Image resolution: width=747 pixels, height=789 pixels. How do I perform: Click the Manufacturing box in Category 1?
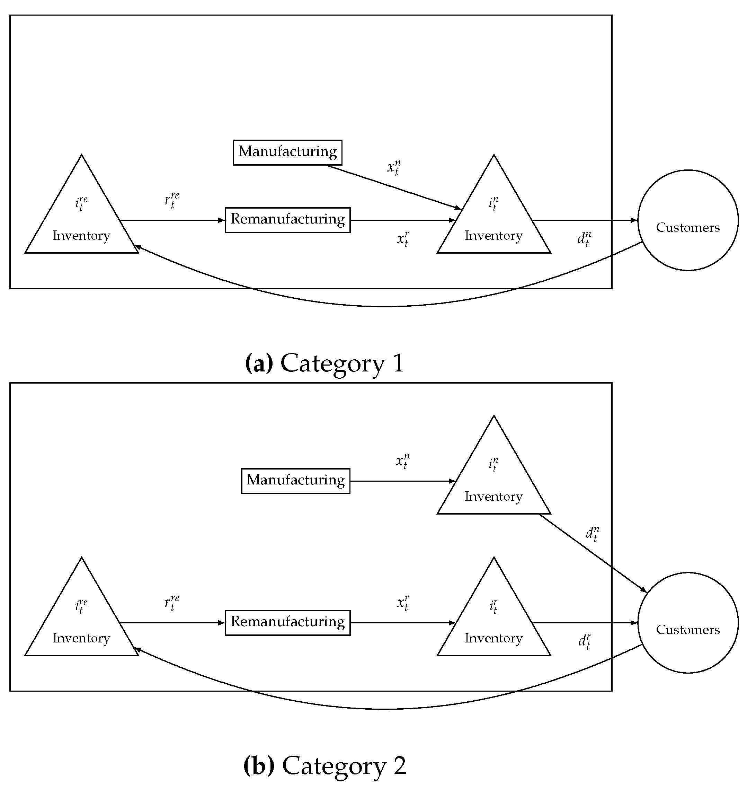pyautogui.click(x=287, y=152)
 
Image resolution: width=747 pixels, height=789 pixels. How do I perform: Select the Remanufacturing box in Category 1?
pyautogui.click(x=287, y=220)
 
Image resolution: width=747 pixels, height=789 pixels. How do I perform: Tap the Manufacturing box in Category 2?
pyautogui.click(x=295, y=481)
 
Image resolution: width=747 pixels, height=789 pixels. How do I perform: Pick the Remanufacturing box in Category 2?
pyautogui.click(x=287, y=622)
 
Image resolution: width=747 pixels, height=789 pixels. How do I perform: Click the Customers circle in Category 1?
pyautogui.click(x=688, y=220)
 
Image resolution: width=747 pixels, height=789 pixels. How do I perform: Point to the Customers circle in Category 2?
pyautogui.click(x=688, y=623)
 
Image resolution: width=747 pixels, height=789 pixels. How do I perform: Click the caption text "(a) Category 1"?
pyautogui.click(x=324, y=363)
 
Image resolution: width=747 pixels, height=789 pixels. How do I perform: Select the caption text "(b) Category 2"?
pyautogui.click(x=324, y=765)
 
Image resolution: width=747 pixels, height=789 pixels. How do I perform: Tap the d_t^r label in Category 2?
pyautogui.click(x=584, y=641)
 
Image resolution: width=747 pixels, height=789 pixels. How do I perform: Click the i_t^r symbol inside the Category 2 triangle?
pyautogui.click(x=493, y=606)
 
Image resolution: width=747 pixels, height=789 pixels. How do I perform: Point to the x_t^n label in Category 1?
pyautogui.click(x=394, y=167)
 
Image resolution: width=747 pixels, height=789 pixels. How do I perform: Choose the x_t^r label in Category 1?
pyautogui.click(x=402, y=239)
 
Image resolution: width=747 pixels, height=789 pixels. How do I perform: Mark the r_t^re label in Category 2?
pyautogui.click(x=172, y=603)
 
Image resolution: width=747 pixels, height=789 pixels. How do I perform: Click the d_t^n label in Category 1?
pyautogui.click(x=584, y=239)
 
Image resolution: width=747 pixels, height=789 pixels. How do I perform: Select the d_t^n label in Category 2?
pyautogui.click(x=592, y=534)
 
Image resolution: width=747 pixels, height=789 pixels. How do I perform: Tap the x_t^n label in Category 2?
pyautogui.click(x=402, y=461)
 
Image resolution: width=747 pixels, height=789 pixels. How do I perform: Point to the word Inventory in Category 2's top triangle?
pyautogui.click(x=493, y=497)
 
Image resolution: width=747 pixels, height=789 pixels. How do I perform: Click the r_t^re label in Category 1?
pyautogui.click(x=172, y=200)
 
